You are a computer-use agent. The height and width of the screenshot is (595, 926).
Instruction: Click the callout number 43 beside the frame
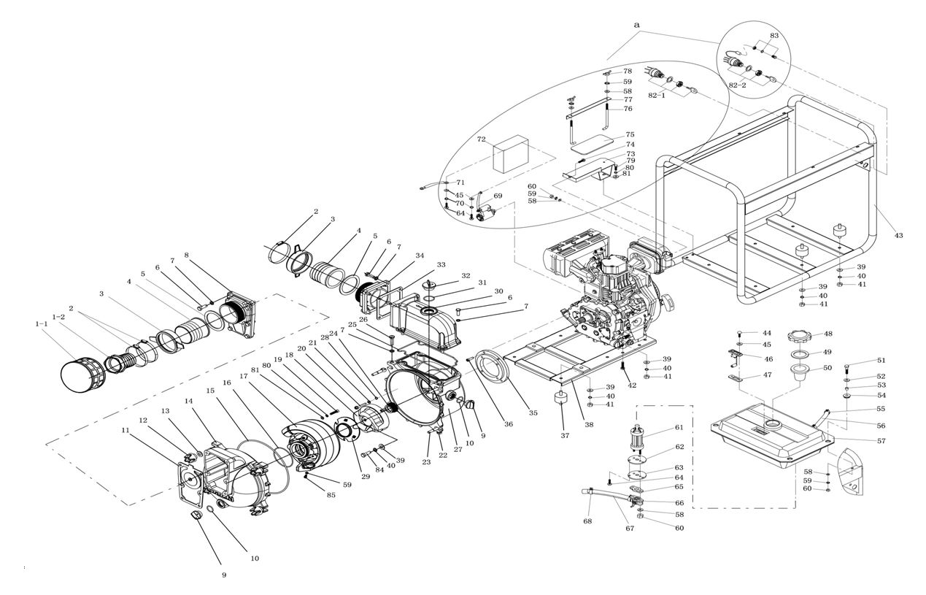[898, 235]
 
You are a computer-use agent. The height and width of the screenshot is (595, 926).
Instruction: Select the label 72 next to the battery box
[481, 139]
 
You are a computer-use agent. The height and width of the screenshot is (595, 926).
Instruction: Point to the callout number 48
[827, 334]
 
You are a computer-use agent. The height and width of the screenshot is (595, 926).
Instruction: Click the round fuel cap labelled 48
[800, 338]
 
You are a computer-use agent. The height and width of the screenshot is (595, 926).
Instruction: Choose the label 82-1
[657, 96]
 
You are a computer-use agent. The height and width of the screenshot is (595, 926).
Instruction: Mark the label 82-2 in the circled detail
[737, 85]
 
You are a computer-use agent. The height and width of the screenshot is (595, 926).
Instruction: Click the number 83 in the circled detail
[774, 35]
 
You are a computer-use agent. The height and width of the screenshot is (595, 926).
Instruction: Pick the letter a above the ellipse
[636, 25]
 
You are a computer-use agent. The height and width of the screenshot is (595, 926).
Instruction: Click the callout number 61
[679, 428]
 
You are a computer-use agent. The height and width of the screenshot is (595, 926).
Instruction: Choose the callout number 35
[533, 413]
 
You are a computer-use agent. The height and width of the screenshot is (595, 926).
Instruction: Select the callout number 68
[587, 521]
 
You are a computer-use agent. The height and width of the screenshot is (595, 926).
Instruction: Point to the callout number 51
[881, 360]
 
